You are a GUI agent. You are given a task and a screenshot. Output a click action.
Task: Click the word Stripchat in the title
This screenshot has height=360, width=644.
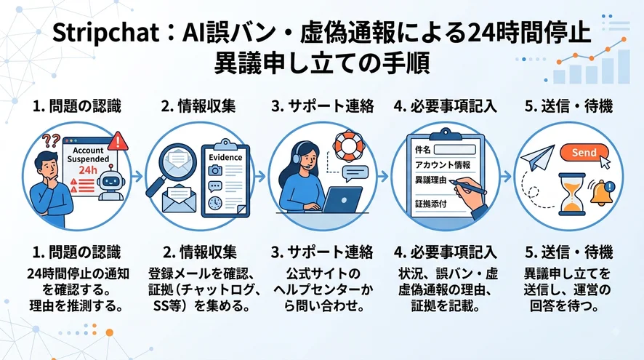pyautogui.click(x=105, y=33)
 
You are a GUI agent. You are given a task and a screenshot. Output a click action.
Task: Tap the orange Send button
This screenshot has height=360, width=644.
pyautogui.click(x=584, y=153)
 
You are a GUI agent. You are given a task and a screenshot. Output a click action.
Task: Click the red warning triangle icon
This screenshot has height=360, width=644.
pyautogui.click(x=118, y=141)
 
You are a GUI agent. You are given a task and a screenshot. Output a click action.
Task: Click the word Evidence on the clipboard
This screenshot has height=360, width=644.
pyautogui.click(x=225, y=157)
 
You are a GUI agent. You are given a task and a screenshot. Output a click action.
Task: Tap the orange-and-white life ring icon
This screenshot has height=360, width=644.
pyautogui.click(x=348, y=146)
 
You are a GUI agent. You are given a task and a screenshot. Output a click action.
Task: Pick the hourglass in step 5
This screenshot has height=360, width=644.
pyautogui.click(x=572, y=194)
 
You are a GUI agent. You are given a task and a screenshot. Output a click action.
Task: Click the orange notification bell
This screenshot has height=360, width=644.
pyautogui.click(x=602, y=193)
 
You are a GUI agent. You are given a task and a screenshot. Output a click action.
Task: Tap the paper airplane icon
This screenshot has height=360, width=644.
pyautogui.click(x=537, y=158)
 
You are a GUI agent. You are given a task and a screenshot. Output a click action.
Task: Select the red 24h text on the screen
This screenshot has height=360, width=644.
pyautogui.click(x=88, y=169)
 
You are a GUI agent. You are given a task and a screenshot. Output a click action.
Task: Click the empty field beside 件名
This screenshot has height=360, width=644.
pyautogui.click(x=455, y=149)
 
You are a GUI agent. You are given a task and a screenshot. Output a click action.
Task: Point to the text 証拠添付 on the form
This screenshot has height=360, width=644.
pyautogui.click(x=431, y=204)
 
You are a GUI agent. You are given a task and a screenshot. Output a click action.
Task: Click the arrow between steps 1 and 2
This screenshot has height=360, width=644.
pyautogui.click(x=137, y=177)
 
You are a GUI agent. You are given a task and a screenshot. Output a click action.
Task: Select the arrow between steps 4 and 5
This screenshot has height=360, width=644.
pyautogui.click(x=506, y=177)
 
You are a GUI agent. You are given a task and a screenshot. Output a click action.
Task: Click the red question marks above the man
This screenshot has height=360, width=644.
pyautogui.click(x=52, y=140)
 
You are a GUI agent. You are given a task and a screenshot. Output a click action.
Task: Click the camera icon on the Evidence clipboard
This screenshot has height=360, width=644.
pyautogui.click(x=215, y=170)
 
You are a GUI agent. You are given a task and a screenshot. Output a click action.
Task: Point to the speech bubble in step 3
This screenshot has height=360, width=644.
pyautogui.click(x=355, y=173)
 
